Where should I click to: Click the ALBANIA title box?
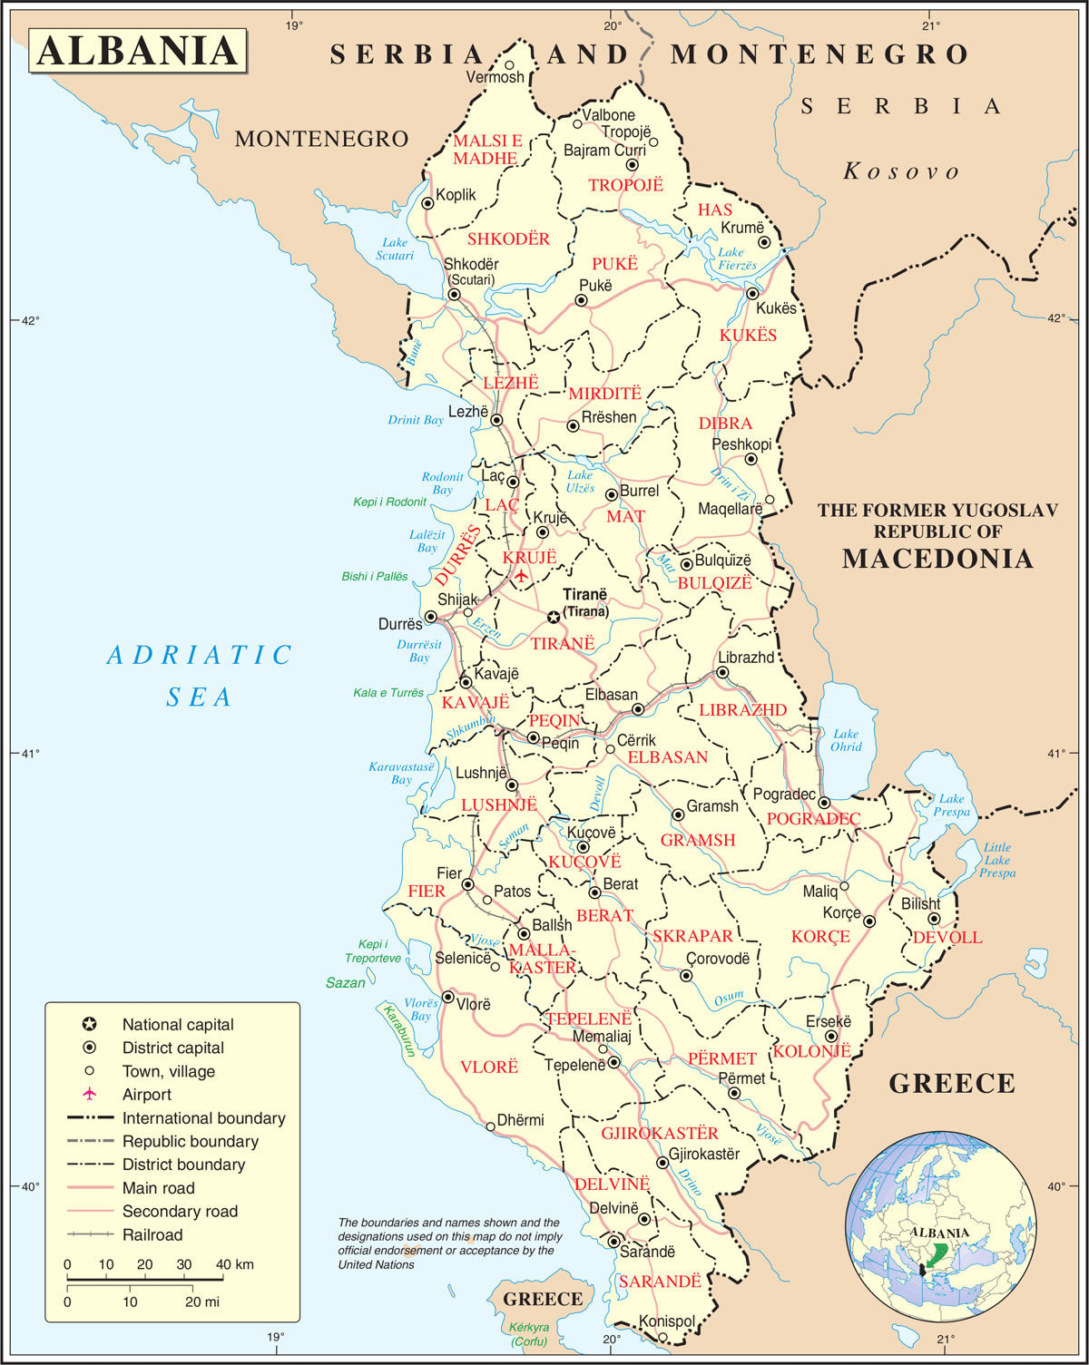pyautogui.click(x=138, y=51)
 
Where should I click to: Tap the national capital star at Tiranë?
pyautogui.click(x=553, y=618)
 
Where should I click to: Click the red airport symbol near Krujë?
pyautogui.click(x=521, y=575)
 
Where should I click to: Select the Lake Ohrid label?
pyautogui.click(x=846, y=740)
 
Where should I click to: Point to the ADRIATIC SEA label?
pyautogui.click(x=200, y=676)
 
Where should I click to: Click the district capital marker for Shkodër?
pyautogui.click(x=454, y=295)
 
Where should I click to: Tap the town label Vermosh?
pyautogui.click(x=495, y=78)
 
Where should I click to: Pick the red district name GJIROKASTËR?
pyautogui.click(x=660, y=1133)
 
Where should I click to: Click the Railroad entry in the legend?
pyautogui.click(x=152, y=1234)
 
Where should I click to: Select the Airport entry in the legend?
pyautogui.click(x=146, y=1095)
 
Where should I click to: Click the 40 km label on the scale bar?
pyautogui.click(x=235, y=1264)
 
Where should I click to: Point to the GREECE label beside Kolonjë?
pyautogui.click(x=951, y=1084)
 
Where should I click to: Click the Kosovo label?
pyautogui.click(x=901, y=171)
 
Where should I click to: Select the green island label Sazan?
pyautogui.click(x=346, y=982)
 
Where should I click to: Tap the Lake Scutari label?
pyautogui.click(x=395, y=249)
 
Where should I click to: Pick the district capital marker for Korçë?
pyautogui.click(x=869, y=921)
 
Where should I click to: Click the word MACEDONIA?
pyautogui.click(x=937, y=559)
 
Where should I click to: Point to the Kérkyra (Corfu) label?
pyautogui.click(x=528, y=1334)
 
